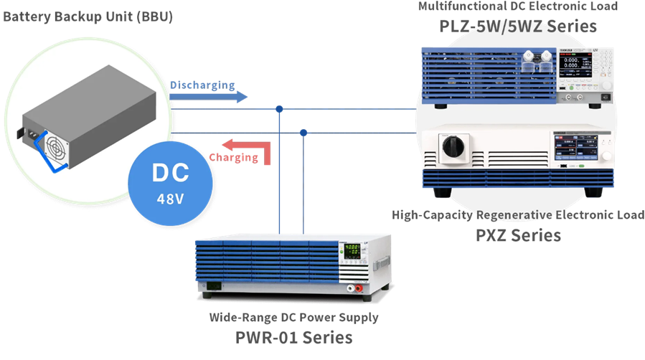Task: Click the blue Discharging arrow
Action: tap(208, 98)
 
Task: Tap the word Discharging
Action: tap(202, 85)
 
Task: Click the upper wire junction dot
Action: tap(279, 109)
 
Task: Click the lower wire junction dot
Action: tap(303, 133)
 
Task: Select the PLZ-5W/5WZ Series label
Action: tap(518, 27)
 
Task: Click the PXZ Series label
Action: tap(518, 235)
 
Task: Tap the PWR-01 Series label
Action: tap(294, 336)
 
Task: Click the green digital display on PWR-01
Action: tap(353, 252)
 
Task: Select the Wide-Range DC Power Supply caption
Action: tap(293, 317)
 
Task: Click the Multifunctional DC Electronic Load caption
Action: tap(517, 6)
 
